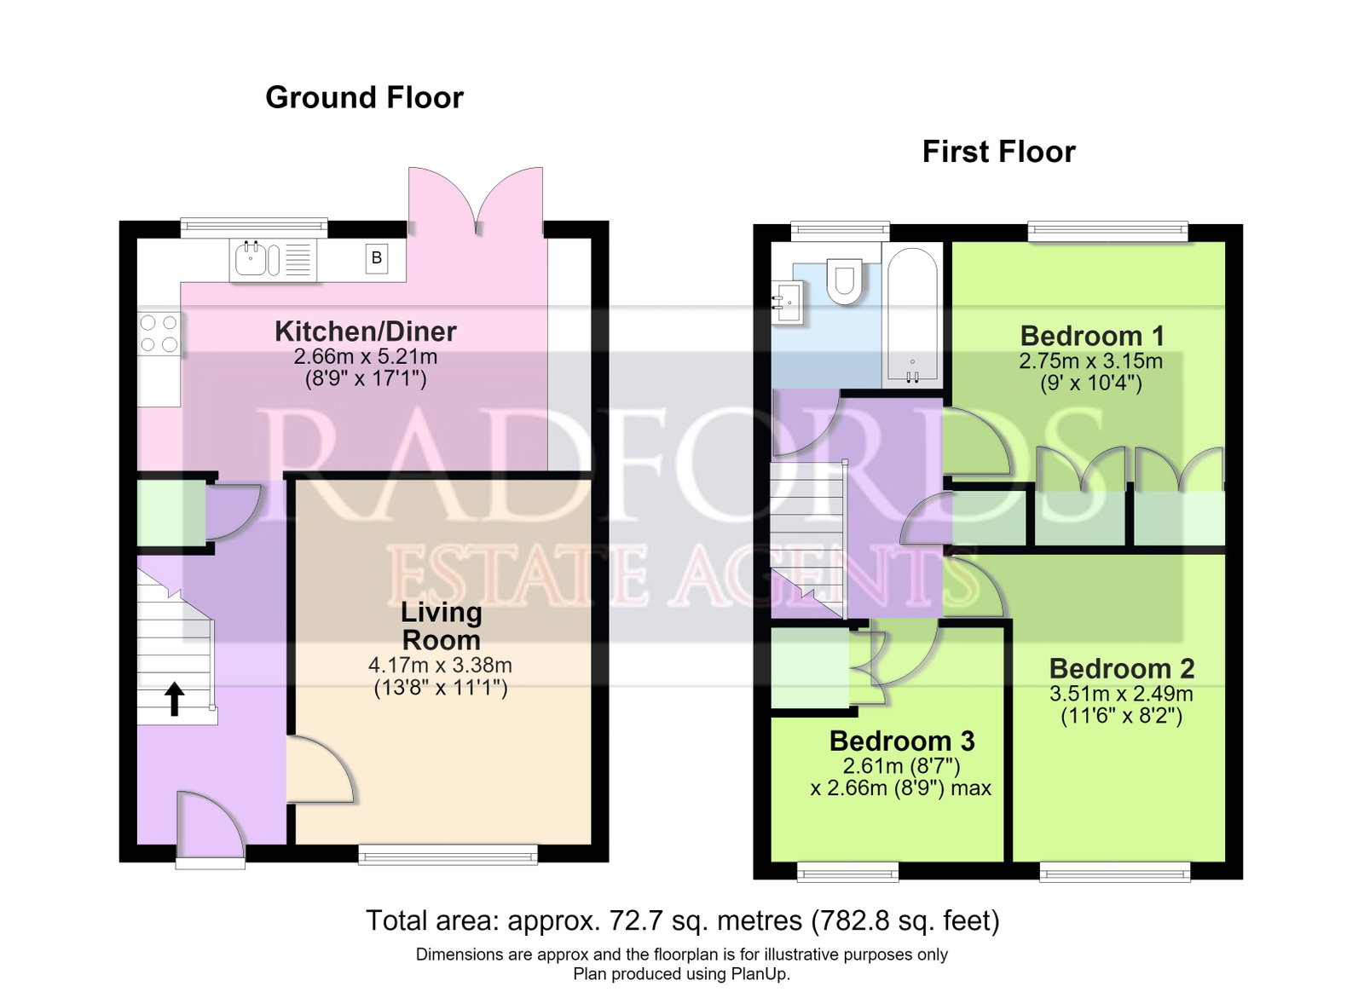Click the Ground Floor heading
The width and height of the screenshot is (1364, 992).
point(364,98)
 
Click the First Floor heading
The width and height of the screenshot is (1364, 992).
point(998,152)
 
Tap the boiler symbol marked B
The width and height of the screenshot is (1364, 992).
point(377,258)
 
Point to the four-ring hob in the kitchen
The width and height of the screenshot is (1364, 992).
point(159,333)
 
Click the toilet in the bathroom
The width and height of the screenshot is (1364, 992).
point(845,281)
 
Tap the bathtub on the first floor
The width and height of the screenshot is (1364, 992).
point(912,315)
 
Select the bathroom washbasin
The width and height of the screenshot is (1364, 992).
point(789,303)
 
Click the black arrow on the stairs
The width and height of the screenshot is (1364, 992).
point(175,699)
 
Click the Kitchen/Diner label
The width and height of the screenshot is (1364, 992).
point(366,332)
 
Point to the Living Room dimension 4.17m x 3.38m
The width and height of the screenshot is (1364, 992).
point(440,666)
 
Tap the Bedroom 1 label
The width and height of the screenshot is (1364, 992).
point(1092,336)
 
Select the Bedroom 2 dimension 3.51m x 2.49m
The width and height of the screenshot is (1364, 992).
point(1121,694)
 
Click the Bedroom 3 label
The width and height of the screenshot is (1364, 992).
point(902,741)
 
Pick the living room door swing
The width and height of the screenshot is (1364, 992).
point(321,770)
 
